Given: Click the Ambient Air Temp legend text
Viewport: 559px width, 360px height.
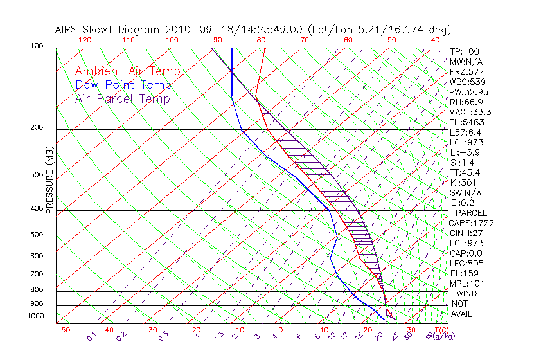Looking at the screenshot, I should [127, 72].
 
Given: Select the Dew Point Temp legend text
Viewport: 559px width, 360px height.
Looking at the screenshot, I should [123, 85].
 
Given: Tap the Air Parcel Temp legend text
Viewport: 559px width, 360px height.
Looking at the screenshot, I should [122, 99].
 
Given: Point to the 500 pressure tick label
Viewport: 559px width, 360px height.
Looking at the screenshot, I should [37, 235].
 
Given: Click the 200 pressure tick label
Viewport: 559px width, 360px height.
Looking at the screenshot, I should [37, 127].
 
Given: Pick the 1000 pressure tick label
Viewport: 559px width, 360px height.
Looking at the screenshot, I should [35, 316].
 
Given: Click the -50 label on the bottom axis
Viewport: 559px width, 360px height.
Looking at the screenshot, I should [62, 330].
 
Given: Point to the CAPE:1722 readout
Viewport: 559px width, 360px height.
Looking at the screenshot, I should [471, 223].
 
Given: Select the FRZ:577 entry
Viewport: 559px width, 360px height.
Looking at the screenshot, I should [466, 72].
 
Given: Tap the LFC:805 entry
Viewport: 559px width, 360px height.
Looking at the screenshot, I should [466, 264].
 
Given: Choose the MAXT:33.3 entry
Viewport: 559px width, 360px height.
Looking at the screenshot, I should [471, 112].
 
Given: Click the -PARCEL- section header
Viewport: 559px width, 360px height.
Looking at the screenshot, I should [471, 213].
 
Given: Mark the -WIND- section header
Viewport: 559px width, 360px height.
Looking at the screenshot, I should [466, 294].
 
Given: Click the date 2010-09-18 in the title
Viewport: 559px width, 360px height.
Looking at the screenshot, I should [193, 30].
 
